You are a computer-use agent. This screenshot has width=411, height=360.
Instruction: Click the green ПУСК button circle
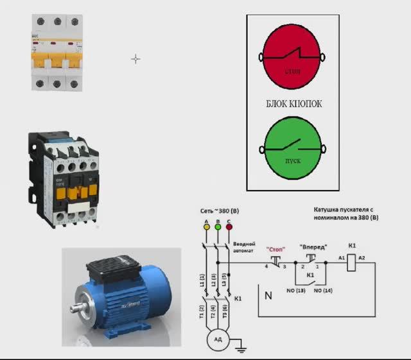tap(292, 149)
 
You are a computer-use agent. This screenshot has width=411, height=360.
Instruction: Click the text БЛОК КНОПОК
tap(294, 103)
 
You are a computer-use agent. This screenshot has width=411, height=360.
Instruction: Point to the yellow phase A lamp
tap(206, 227)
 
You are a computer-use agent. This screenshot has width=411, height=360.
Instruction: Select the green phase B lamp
tap(218, 227)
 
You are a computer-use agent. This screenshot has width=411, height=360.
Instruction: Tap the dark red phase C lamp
tap(229, 227)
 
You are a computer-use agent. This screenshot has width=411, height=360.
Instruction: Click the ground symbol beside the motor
tap(241, 350)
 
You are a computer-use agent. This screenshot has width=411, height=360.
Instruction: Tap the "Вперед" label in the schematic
tap(313, 246)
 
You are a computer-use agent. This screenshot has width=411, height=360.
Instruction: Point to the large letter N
tap(268, 296)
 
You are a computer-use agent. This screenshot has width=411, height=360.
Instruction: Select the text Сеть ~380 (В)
tap(222, 211)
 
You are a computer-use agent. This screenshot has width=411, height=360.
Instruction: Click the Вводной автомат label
tap(245, 246)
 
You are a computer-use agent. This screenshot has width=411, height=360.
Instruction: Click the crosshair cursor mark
tap(136, 59)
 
